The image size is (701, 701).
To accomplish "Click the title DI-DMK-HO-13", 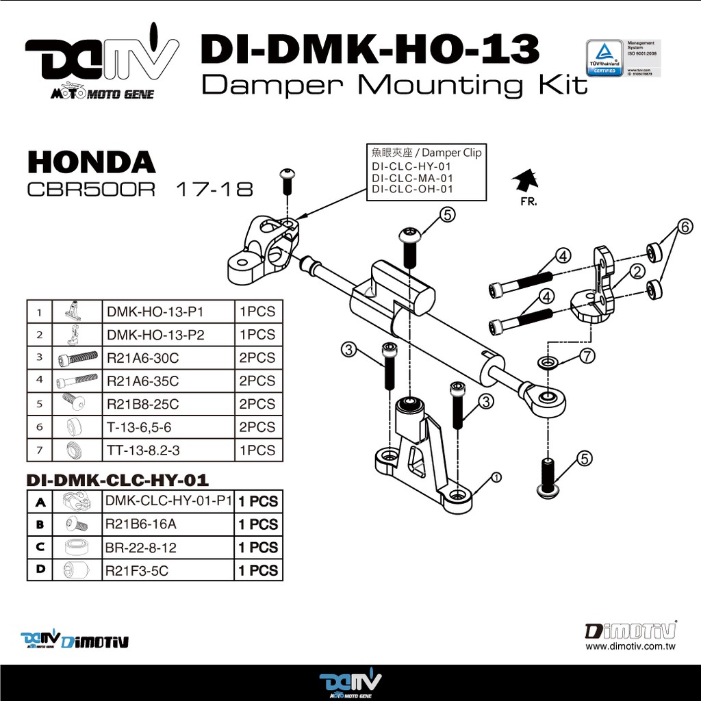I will coord(370,50).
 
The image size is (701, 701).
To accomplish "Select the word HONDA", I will coord(91,162).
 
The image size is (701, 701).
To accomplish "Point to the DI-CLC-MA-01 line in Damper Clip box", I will coord(412,178).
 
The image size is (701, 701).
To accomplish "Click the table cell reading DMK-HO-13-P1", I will coord(155,312).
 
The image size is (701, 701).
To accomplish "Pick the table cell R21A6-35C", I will coord(143,381).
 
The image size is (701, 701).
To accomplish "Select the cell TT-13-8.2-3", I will coord(142,450).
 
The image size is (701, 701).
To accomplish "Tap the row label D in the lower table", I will coord(40,570).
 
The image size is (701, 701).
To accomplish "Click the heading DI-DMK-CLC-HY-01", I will coord(117,480).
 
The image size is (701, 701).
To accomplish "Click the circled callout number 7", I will coord(587,355).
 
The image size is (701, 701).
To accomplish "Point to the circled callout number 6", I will coord(685,227).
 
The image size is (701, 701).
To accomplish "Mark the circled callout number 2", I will coord(637,271).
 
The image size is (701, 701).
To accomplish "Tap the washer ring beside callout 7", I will coord(548,361).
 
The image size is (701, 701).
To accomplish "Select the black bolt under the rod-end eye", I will coord(548,477).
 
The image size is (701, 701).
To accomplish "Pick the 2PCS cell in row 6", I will coord(257,427).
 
